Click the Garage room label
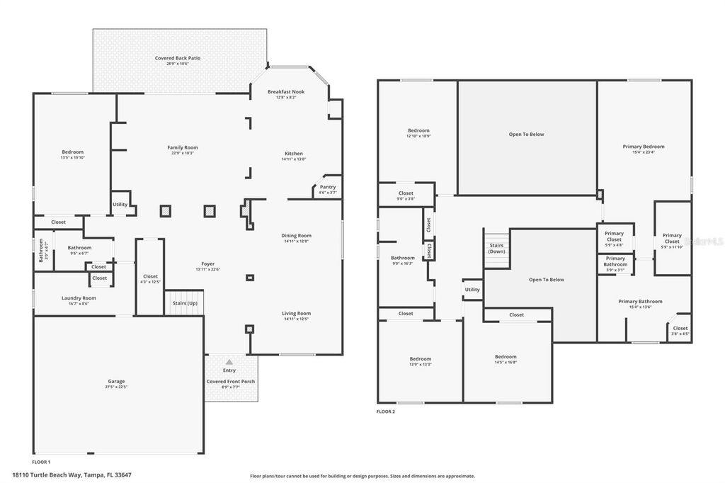point(116,382)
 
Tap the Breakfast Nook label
point(286,92)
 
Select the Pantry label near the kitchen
point(327,187)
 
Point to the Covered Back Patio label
point(178,58)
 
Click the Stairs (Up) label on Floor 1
point(185,303)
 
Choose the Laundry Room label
point(79,298)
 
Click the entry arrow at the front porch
point(229,361)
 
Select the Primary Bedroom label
point(644,147)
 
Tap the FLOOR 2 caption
point(386,411)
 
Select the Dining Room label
point(296,236)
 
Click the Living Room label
point(296,314)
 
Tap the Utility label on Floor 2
point(472,289)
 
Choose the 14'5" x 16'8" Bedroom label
point(506,357)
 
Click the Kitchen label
point(294,154)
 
